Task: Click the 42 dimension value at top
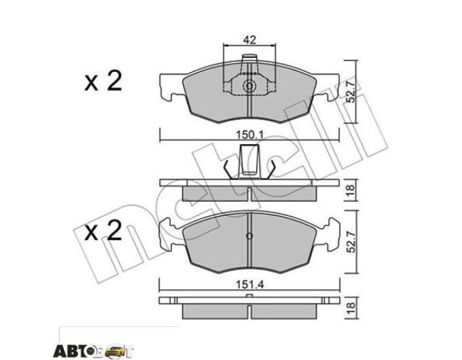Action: pos(249,40)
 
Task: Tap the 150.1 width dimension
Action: pos(249,135)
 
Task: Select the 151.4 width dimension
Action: pos(249,285)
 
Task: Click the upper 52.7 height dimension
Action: pos(351,90)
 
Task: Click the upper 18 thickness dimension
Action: pos(351,191)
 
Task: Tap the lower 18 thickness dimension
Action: pos(351,308)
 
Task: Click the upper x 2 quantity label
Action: pos(103,82)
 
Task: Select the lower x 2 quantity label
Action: pos(103,230)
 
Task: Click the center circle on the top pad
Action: pos(249,86)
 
